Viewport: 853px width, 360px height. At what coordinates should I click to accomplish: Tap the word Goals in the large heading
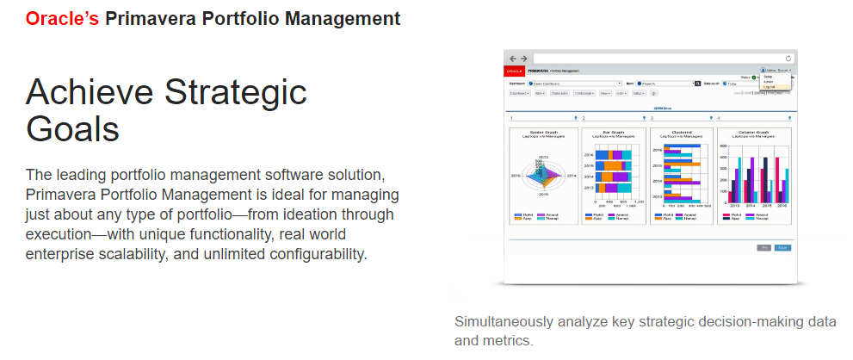point(72,128)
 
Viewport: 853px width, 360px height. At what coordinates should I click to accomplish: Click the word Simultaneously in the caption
point(501,322)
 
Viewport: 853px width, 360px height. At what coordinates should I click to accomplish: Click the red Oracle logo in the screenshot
point(516,70)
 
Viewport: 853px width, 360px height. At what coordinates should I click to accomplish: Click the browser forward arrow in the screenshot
point(522,58)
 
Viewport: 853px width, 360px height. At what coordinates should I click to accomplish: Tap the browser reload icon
point(788,58)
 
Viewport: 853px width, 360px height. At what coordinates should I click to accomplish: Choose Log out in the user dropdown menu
point(769,87)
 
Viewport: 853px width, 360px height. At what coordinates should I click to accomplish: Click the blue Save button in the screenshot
point(782,247)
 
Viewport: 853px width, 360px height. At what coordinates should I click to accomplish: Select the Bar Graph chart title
point(613,133)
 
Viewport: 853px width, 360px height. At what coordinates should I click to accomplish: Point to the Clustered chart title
point(681,133)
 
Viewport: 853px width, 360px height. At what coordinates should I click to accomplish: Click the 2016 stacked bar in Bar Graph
point(613,155)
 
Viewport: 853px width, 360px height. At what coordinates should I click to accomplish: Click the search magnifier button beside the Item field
point(698,84)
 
